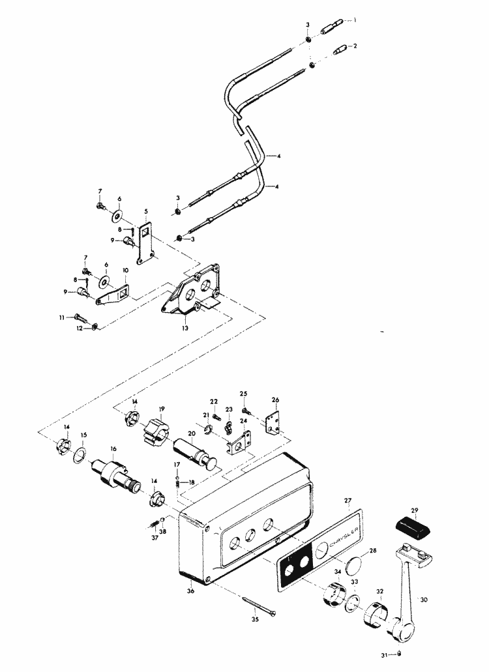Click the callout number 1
pos(356,21)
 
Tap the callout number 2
pos(356,46)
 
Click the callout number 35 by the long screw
pos(256,620)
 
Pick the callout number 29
pos(413,510)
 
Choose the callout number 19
pos(162,409)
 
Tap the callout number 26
pos(275,400)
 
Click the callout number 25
pos(244,394)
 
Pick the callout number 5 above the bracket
pos(145,211)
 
